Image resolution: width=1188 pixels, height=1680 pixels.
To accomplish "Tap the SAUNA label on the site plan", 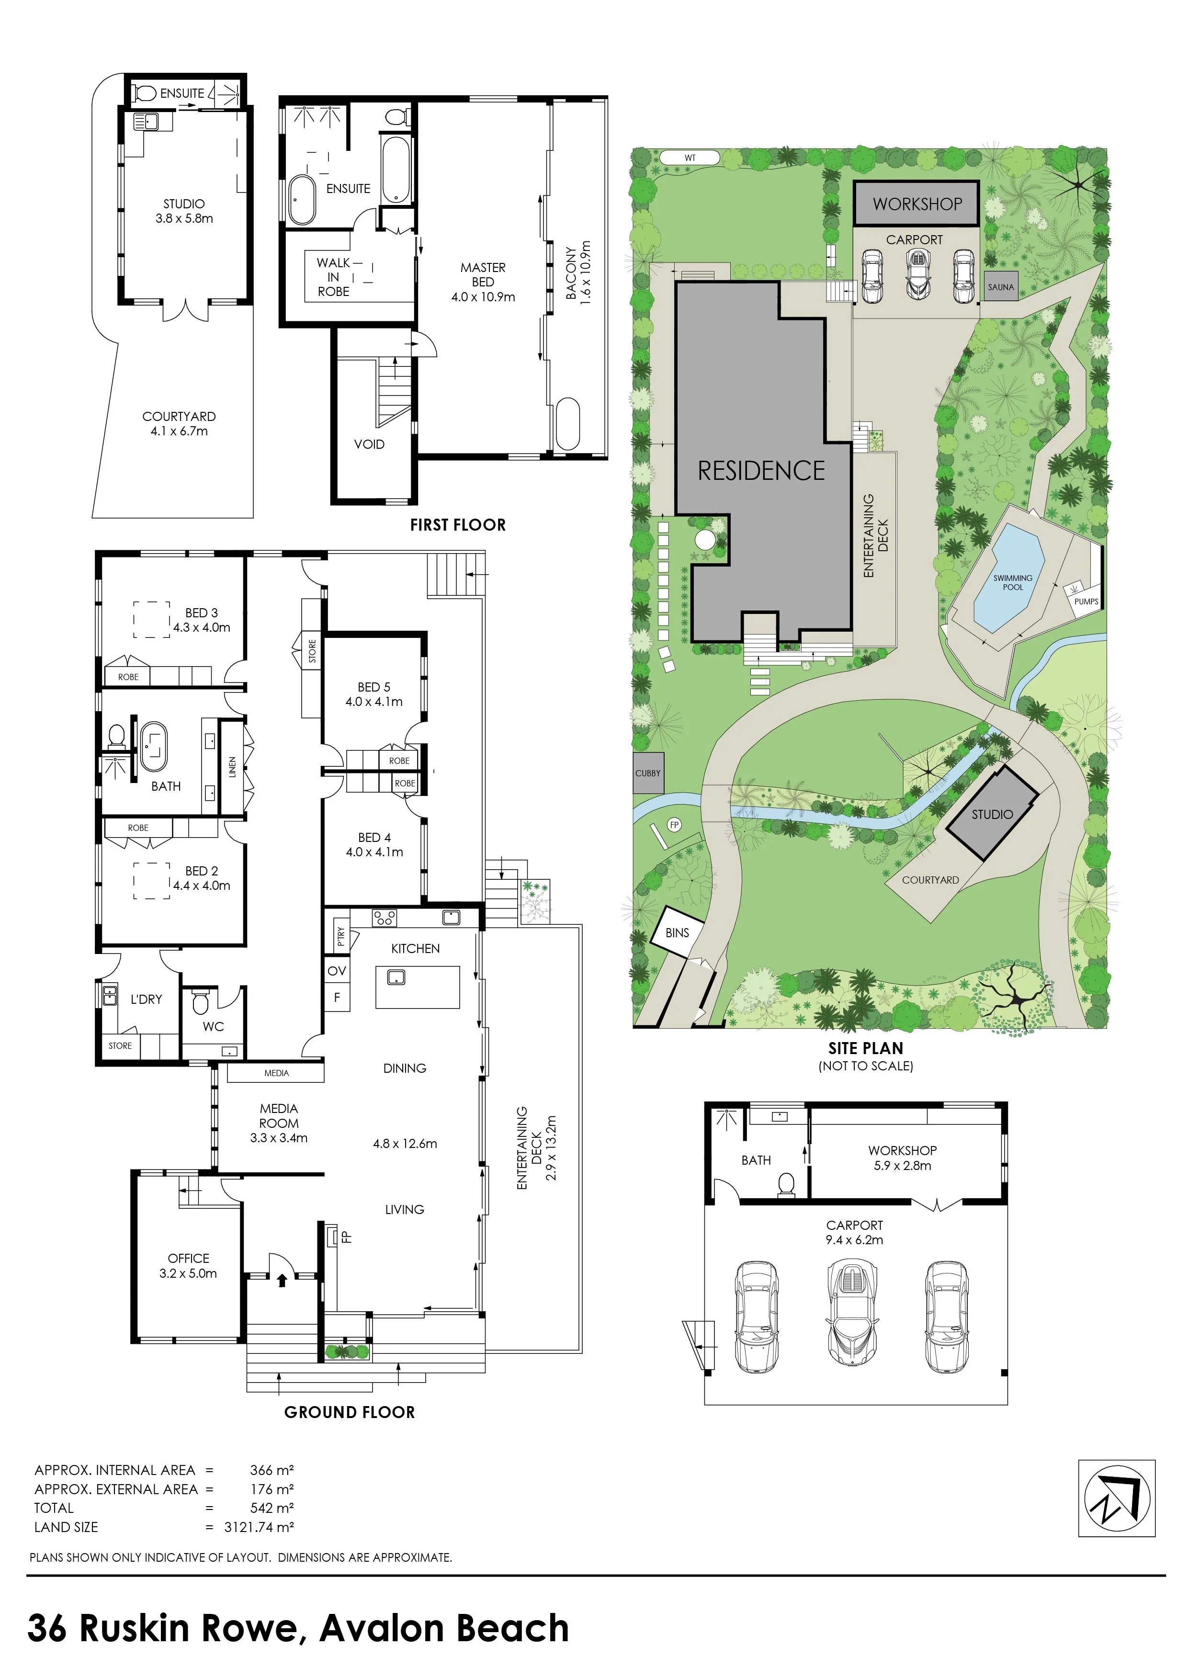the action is tap(1001, 287).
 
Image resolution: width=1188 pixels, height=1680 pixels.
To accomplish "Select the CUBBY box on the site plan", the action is tap(647, 772).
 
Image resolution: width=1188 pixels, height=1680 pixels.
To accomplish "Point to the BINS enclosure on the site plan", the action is tap(678, 932).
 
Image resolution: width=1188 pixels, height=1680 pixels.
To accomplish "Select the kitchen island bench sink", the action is tap(396, 977).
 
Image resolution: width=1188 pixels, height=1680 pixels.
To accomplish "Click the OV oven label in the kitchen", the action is tap(337, 971).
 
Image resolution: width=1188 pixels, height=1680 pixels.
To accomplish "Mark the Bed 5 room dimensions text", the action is tap(374, 702).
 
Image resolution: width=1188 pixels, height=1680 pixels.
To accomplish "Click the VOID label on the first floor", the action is tap(369, 444).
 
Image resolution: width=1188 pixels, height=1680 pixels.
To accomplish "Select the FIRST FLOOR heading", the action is tap(458, 524).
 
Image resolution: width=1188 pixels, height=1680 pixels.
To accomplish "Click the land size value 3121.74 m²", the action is tap(259, 1527).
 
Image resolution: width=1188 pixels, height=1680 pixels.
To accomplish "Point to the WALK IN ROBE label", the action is tap(334, 277).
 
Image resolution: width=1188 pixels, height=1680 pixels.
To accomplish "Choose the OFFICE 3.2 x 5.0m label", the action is tap(188, 1266).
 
